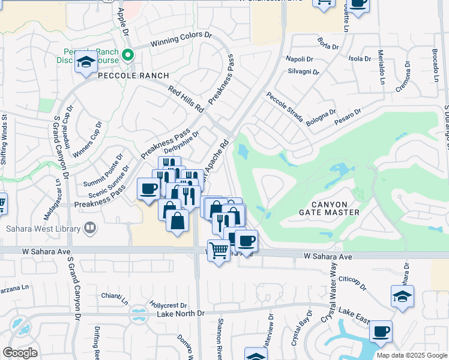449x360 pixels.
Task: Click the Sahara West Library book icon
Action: point(89,228)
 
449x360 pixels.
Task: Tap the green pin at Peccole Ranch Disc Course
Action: point(127,56)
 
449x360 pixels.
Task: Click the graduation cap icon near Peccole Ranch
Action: point(86,62)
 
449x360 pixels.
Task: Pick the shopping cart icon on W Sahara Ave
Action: point(218,250)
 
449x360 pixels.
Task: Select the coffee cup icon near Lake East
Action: point(381,331)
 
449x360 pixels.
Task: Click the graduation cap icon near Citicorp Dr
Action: point(402,296)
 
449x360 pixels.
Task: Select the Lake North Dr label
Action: point(181,314)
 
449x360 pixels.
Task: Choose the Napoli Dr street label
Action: point(300,59)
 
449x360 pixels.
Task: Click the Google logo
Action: point(20,352)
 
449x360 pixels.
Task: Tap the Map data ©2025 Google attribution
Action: point(411,355)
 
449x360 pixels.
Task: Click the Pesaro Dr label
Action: point(349,116)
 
